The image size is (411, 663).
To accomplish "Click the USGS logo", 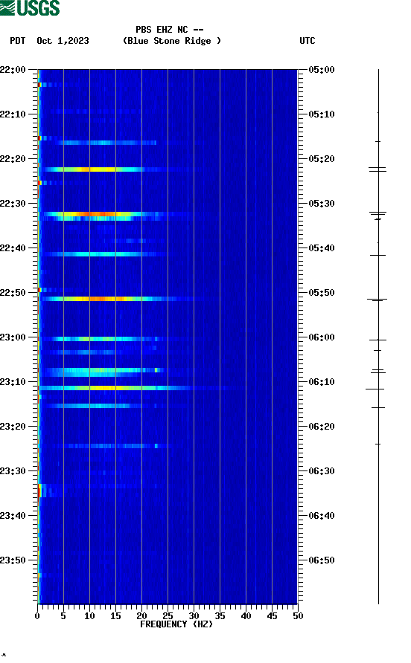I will [x=30, y=8].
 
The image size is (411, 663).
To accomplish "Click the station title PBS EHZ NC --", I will [x=170, y=30].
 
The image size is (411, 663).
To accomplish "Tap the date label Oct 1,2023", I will [x=63, y=41].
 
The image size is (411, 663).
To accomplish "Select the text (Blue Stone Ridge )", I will [x=172, y=41].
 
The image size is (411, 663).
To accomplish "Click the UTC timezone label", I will [x=307, y=41].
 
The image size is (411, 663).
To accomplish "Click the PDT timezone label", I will [x=18, y=41].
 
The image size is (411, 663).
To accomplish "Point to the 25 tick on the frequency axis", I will [x=168, y=616].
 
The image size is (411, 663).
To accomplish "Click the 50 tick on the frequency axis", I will [x=298, y=616].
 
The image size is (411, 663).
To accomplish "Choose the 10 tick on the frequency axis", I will [x=89, y=616].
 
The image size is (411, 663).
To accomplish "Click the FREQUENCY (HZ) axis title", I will [x=176, y=624].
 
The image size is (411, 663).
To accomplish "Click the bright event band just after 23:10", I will [x=112, y=388].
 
